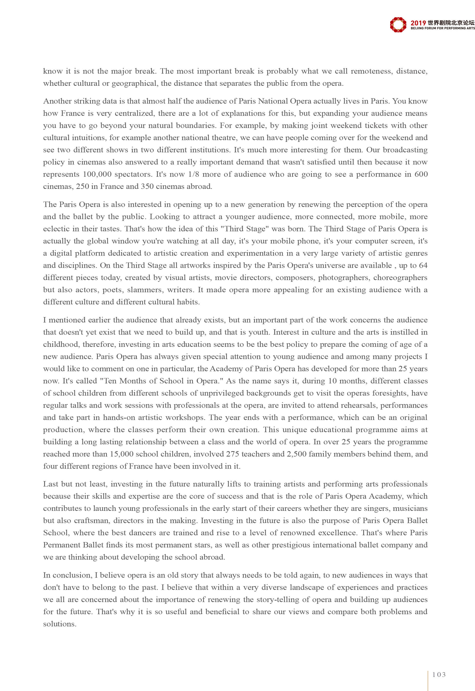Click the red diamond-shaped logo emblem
(398, 24)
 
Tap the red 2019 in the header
(418, 23)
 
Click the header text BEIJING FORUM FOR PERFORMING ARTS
(443, 28)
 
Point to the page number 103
(439, 675)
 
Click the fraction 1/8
(194, 174)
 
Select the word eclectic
(56, 229)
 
